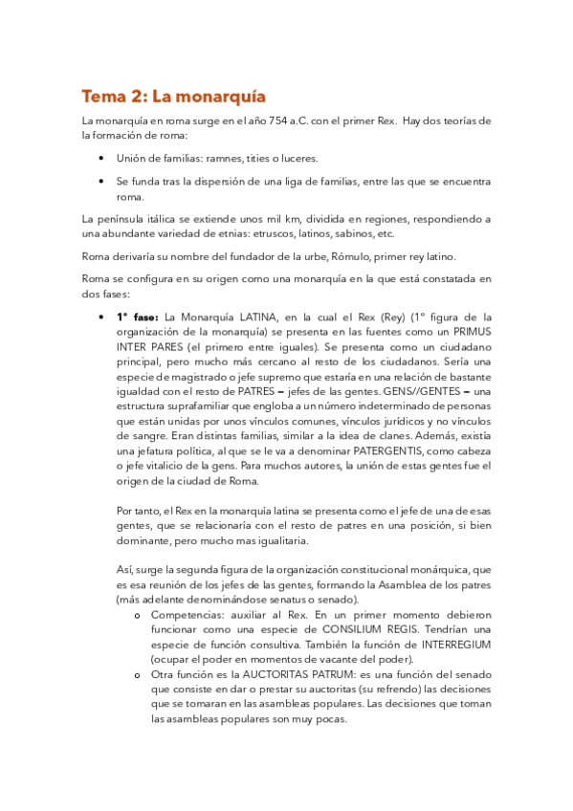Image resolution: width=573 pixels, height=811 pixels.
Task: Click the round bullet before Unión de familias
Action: [102, 157]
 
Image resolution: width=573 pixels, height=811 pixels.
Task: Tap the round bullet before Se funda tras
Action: [102, 181]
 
